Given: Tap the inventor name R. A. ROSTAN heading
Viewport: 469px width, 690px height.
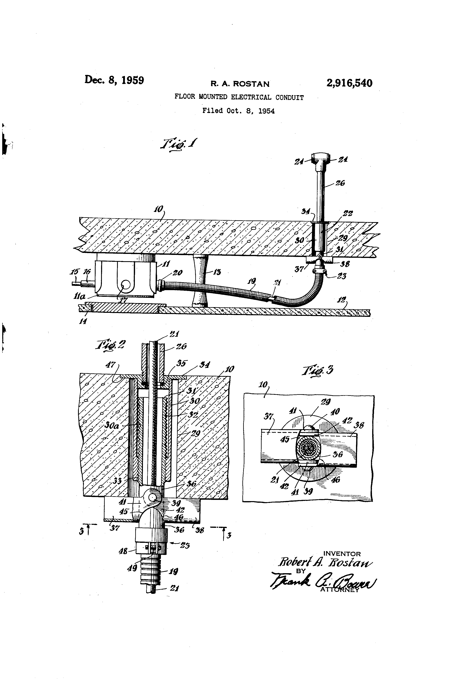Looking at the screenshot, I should [x=240, y=84].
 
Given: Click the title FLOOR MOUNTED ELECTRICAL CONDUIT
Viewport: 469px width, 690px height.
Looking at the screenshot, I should [x=239, y=97].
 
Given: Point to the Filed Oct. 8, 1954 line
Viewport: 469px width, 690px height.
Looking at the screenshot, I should [x=238, y=111].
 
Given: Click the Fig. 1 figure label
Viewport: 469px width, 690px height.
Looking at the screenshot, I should [x=179, y=144].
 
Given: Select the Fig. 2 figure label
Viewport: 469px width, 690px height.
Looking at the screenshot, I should [x=110, y=345].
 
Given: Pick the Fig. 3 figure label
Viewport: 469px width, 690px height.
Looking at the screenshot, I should [x=318, y=370].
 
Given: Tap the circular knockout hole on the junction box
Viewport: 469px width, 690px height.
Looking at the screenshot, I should [x=126, y=286].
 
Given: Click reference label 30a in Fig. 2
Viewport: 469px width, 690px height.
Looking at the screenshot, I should [x=112, y=425].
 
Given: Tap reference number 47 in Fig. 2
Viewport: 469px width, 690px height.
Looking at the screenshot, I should [x=111, y=364].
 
